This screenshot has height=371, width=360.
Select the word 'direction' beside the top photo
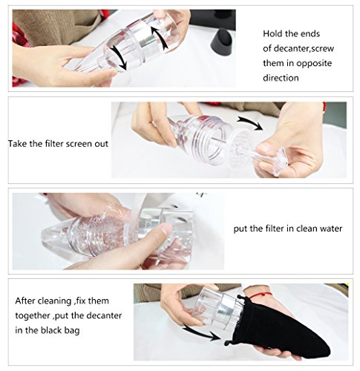[x=281, y=78]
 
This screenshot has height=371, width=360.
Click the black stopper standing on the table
[x=222, y=42]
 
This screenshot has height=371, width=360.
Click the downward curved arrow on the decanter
[x=117, y=57]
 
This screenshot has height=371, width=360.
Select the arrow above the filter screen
[x=250, y=122]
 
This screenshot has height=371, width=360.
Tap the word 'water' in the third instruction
[x=330, y=229]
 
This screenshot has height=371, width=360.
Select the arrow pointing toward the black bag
[x=202, y=332]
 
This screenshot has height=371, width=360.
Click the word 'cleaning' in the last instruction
[x=55, y=301]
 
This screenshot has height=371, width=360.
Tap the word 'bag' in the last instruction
[x=73, y=331]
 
